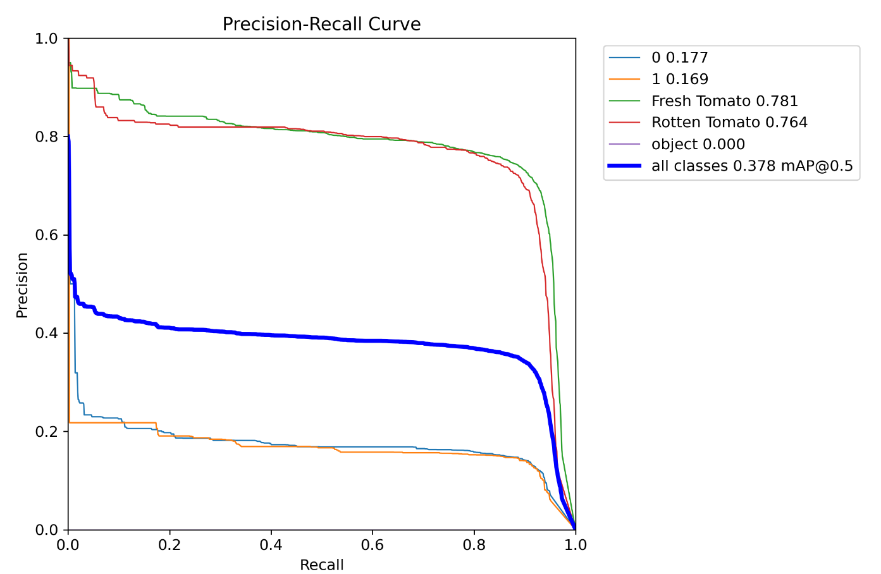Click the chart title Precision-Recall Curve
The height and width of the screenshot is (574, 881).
pos(321,24)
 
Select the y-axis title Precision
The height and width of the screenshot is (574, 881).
pos(23,285)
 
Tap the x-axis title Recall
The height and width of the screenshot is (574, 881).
pos(321,565)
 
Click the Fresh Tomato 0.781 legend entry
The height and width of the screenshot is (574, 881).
pos(724,101)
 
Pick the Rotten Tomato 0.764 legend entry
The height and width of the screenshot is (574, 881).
pos(729,123)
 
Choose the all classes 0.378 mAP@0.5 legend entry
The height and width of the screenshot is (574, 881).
pos(752,166)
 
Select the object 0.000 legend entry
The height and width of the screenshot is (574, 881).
pos(698,144)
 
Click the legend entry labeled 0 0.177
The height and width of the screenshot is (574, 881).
pos(680,58)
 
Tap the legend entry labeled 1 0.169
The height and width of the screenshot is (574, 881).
pos(680,79)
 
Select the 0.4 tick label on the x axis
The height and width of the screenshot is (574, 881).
pos(271,545)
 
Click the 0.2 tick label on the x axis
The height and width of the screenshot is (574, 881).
pos(169,545)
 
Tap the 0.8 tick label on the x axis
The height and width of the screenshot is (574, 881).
pos(474,545)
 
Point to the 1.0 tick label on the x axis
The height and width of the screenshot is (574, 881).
pos(575,545)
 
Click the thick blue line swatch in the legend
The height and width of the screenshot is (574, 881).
pos(624,166)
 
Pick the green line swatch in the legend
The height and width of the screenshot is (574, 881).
pos(624,101)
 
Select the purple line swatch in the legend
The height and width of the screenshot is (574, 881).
pos(624,144)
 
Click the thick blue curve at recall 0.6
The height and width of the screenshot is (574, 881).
pos(373,341)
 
